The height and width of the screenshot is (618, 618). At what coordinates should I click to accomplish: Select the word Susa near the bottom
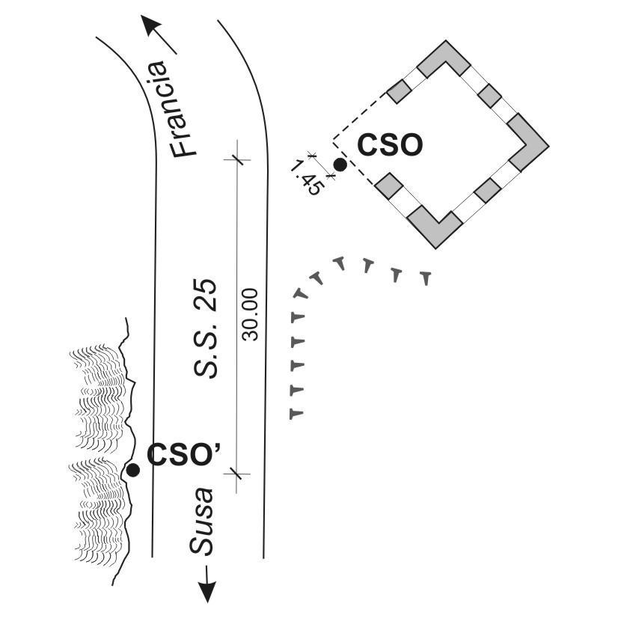(201, 521)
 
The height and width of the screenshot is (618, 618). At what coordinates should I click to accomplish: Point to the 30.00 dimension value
(251, 314)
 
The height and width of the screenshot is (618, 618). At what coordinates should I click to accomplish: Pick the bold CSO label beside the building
(390, 145)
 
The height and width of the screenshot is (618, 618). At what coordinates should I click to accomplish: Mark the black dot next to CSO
(340, 165)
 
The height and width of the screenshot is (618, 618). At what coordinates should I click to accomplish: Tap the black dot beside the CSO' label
(133, 470)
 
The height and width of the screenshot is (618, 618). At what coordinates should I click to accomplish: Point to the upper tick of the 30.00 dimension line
(236, 159)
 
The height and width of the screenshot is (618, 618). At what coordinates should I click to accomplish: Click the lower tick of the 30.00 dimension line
(236, 473)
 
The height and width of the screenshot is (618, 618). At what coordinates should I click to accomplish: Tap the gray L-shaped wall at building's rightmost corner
(530, 144)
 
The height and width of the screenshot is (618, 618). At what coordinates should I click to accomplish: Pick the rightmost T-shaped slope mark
(426, 278)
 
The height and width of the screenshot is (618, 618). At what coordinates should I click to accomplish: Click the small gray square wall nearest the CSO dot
(389, 185)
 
